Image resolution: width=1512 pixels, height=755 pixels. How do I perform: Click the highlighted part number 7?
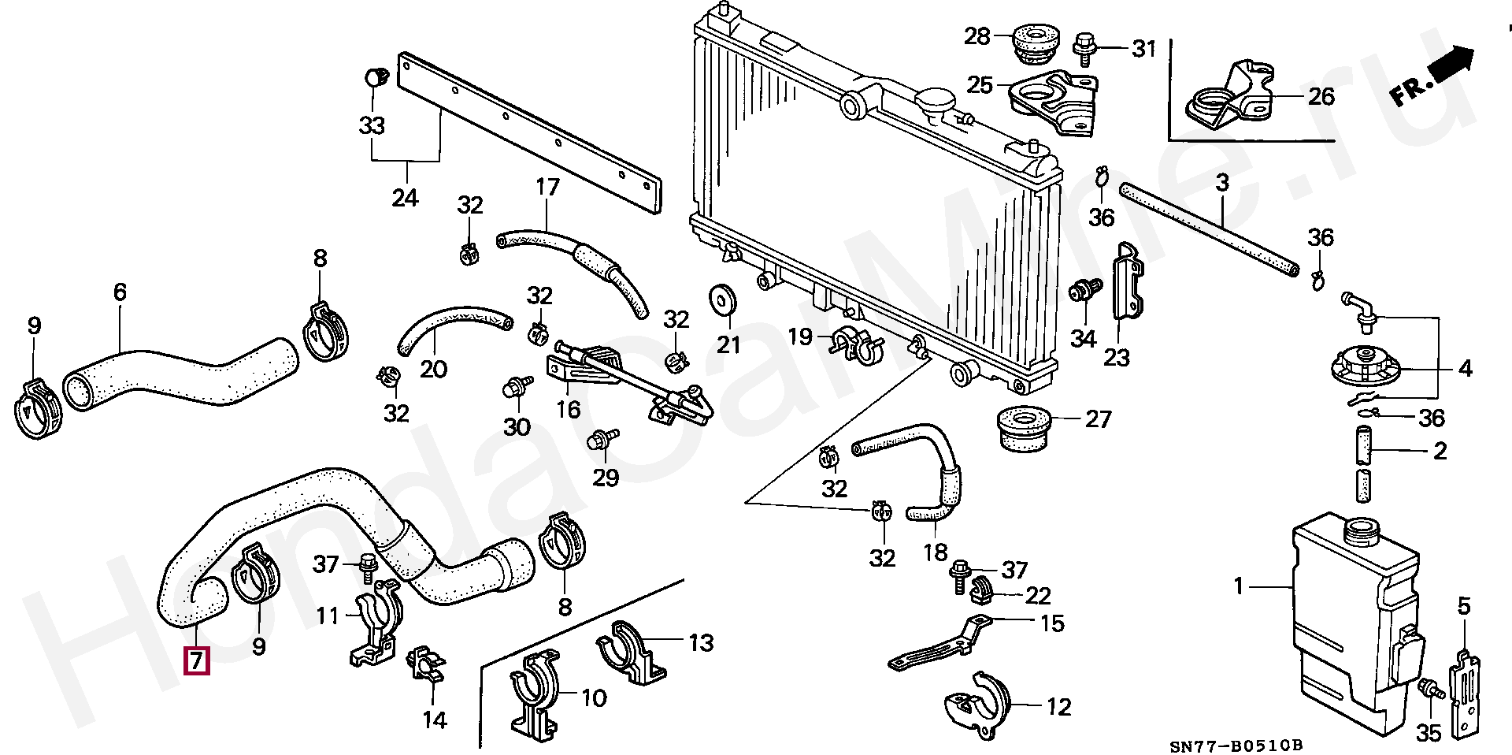point(196,660)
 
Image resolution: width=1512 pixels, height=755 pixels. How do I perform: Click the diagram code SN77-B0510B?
point(1236,746)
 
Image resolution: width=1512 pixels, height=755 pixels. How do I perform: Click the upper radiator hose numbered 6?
point(181,374)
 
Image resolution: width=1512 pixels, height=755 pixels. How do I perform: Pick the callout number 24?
point(405,197)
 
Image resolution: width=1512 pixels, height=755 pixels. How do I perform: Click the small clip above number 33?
point(377,78)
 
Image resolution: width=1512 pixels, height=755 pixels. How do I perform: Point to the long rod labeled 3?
point(1209,229)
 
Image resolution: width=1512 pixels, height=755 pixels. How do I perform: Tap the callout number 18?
point(935,552)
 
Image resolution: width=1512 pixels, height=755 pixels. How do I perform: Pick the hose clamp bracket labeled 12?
point(976,706)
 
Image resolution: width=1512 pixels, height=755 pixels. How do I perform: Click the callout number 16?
point(568,410)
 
